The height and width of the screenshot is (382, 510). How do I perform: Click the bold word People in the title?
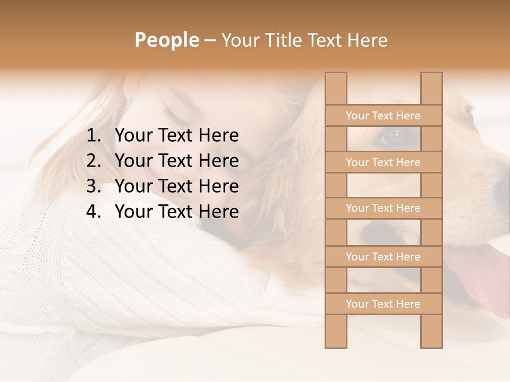166,40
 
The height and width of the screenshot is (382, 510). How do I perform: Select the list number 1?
93,136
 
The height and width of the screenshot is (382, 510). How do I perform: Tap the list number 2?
93,161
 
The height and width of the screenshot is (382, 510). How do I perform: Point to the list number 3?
93,186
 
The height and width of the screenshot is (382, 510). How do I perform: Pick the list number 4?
93,212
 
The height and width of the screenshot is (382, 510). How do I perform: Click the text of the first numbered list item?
176,136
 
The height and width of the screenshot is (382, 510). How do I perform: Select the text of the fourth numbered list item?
176,212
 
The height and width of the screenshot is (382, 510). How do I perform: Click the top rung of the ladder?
383,116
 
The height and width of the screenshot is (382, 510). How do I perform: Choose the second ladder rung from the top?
383,162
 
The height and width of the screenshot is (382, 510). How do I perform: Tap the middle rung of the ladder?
383,208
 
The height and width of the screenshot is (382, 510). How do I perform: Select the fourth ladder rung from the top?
383,257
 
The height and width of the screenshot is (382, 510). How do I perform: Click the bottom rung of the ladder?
383,304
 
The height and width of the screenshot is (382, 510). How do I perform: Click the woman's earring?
127,101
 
